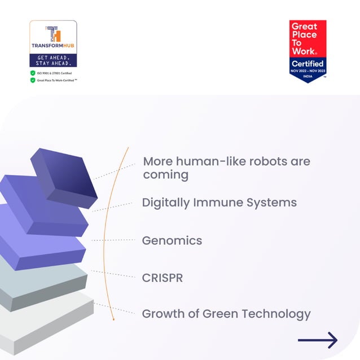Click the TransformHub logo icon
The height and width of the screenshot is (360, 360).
[x=52, y=33]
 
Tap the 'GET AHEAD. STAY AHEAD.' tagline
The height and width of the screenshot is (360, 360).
[x=53, y=60]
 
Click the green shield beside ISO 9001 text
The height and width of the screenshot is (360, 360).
[x=33, y=73]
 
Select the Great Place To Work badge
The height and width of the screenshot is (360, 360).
[x=308, y=51]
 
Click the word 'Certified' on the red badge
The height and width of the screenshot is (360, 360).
[x=308, y=64]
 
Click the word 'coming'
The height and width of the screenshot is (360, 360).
[x=165, y=175]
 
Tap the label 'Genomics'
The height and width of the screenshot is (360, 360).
[x=172, y=240]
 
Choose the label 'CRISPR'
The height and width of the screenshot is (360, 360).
[x=163, y=278]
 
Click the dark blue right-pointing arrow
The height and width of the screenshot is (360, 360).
[x=318, y=340]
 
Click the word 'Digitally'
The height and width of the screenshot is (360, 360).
[x=166, y=202]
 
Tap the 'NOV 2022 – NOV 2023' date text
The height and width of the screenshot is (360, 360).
[x=308, y=71]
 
